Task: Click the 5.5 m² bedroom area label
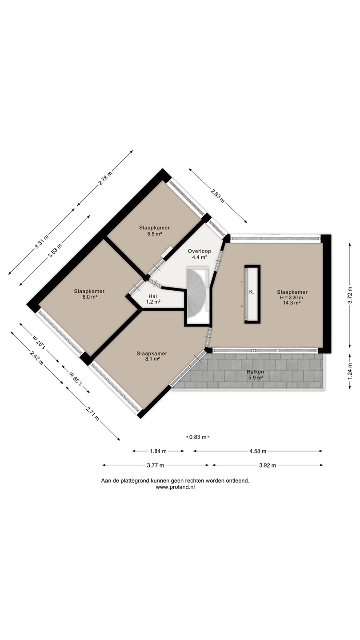tap(154, 233)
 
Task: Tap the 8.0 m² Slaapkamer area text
tap(89, 297)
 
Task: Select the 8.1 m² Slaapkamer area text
tap(152, 359)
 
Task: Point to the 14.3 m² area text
tap(292, 303)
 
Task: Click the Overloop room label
tap(200, 251)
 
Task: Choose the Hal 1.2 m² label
tap(153, 299)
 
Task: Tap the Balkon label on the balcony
tap(256, 372)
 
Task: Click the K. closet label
tap(252, 292)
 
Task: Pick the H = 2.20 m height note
tap(292, 297)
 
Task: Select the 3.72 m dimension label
tap(350, 296)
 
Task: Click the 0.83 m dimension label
tap(198, 437)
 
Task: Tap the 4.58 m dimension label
tap(258, 451)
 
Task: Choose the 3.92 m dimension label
tap(268, 465)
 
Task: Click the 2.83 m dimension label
tap(218, 195)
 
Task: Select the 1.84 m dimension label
tap(158, 451)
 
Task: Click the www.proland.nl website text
tap(175, 488)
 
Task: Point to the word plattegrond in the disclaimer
tap(134, 481)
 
